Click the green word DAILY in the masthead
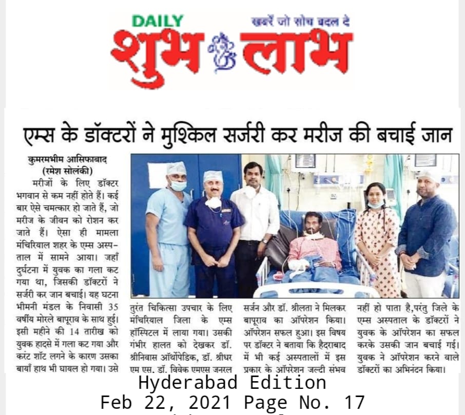click(158, 22)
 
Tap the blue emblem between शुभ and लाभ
click(222, 54)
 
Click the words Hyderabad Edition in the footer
click(232, 383)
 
